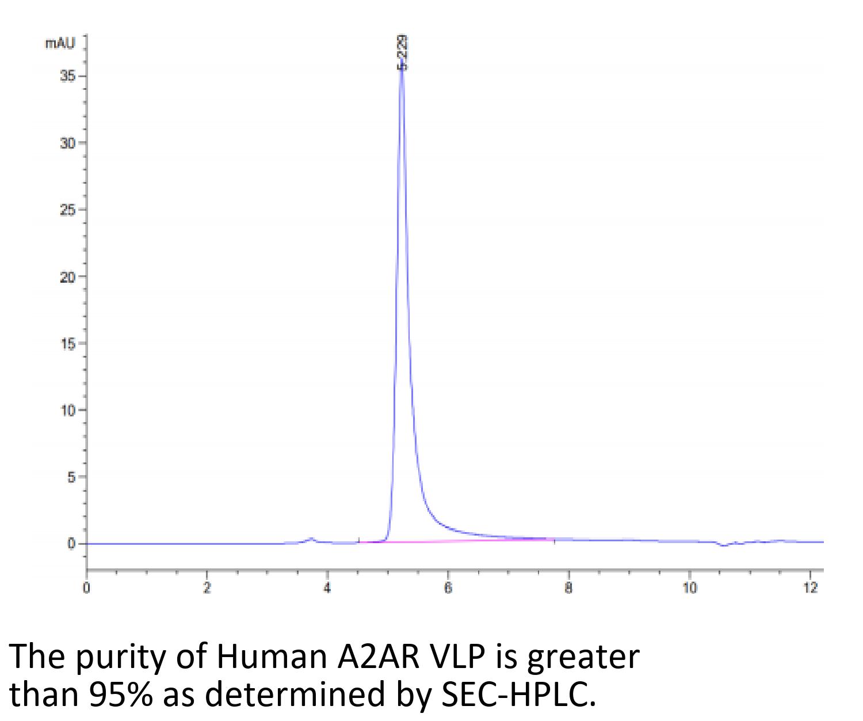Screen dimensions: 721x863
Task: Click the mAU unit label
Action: tap(60, 43)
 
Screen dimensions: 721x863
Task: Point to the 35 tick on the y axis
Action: tap(67, 76)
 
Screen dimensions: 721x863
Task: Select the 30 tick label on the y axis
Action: tap(67, 143)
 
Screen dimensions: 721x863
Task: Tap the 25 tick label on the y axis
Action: tap(67, 210)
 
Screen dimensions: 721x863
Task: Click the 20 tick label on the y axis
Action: tap(67, 276)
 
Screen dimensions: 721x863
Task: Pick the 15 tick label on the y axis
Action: tap(67, 343)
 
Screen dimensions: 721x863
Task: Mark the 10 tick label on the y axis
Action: tap(67, 410)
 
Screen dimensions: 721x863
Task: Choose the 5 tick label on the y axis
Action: tap(71, 477)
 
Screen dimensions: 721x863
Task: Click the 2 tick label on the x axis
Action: tap(207, 588)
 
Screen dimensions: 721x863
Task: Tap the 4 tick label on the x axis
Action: tap(327, 588)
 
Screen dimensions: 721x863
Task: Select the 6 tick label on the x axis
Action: tap(448, 588)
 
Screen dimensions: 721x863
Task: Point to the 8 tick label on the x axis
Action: tap(568, 588)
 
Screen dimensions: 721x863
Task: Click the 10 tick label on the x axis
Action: tap(689, 588)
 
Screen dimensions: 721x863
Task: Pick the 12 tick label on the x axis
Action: tap(810, 588)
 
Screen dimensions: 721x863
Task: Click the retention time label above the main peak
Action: tap(402, 52)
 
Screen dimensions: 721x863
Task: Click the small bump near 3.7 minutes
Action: tap(312, 539)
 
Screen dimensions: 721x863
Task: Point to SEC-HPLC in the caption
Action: tap(517, 695)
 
